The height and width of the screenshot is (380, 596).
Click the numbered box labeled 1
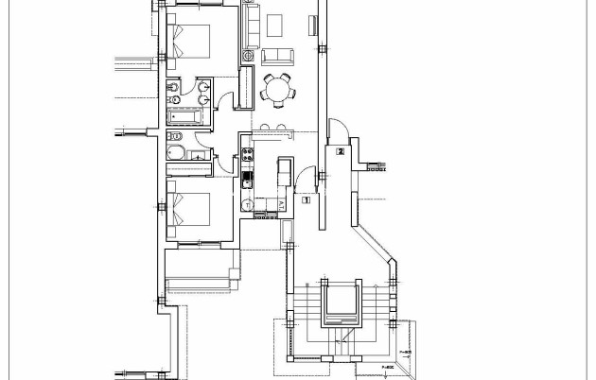coord(306,199)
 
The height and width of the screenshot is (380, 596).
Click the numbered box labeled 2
coord(339,150)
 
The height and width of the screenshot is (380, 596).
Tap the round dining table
coord(277,90)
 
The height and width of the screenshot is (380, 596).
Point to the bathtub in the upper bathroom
coord(189,115)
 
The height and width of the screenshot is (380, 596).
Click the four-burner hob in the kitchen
coord(249,154)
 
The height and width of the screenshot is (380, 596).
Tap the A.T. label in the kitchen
coord(282,204)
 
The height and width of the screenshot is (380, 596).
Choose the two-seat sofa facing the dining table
coord(277,55)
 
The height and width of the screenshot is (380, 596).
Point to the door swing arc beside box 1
coord(303,180)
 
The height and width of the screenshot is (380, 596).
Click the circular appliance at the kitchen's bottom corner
coord(248,204)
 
